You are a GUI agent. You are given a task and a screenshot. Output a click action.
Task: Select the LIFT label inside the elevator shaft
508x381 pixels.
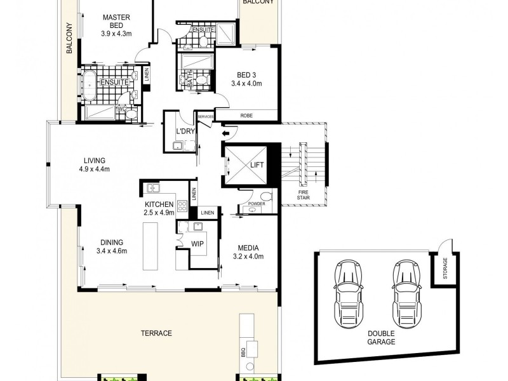[256, 164]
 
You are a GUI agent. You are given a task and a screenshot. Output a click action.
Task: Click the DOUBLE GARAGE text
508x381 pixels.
[381, 337]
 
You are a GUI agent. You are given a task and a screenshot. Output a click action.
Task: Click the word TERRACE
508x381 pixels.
[157, 333]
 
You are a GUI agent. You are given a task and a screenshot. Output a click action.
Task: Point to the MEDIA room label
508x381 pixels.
[246, 248]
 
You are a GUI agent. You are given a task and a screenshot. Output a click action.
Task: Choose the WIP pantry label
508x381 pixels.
[197, 243]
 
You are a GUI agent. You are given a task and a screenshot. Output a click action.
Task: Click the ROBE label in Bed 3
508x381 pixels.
[246, 116]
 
